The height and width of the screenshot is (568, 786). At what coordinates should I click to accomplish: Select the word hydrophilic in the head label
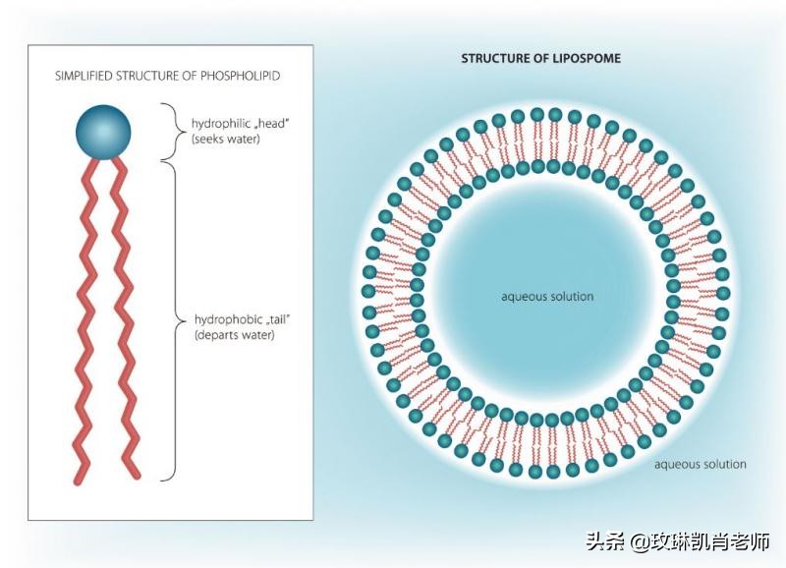[218, 124]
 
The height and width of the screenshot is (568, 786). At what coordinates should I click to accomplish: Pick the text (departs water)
[235, 335]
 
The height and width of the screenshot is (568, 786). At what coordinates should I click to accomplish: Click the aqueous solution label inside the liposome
[547, 296]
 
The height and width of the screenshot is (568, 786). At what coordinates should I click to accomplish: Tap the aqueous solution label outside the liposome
[700, 464]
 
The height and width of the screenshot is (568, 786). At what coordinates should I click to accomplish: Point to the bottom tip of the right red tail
[137, 477]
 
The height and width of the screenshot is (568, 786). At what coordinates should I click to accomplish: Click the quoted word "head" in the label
[260, 124]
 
